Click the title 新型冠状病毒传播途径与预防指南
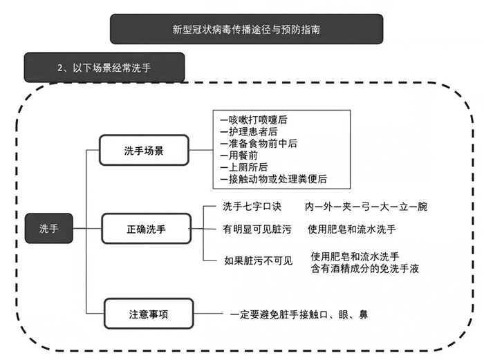pos(246,30)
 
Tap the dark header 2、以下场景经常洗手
pos(104,68)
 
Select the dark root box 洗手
pos(49,228)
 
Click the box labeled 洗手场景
pos(144,150)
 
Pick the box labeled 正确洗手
pos(147,228)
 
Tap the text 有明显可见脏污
pos(257,229)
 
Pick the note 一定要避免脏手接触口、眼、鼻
pos(299,314)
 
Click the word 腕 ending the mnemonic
pos(422,207)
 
